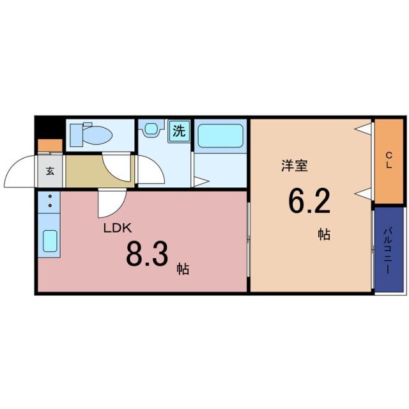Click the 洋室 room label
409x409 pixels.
click(295, 166)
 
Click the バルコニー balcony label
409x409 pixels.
click(389, 250)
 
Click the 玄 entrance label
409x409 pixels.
click(50, 171)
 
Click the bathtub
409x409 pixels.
click(220, 135)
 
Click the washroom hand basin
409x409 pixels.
click(150, 128)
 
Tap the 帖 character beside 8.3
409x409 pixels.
click(183, 268)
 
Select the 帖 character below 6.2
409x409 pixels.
click(325, 234)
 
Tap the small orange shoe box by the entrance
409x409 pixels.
click(50, 146)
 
